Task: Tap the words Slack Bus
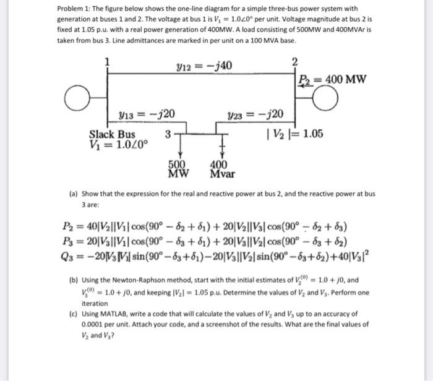pos(111,135)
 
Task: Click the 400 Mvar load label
pos(221,169)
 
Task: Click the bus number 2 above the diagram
pos(294,60)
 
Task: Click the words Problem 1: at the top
pos(72,9)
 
